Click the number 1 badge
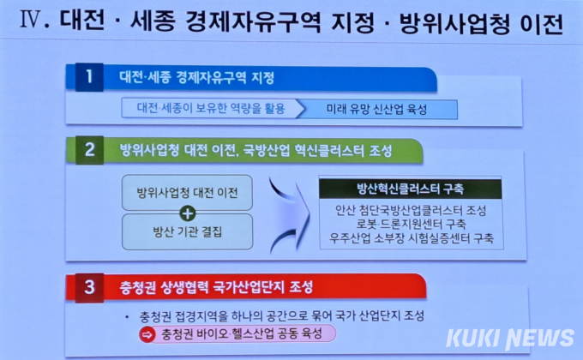click(x=89, y=77)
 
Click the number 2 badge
click(x=90, y=150)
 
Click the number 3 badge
click(x=90, y=287)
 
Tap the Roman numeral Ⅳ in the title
click(x=30, y=20)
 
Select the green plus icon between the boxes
click(x=188, y=213)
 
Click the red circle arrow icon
click(x=147, y=334)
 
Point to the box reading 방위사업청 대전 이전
click(x=187, y=193)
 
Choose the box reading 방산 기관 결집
click(x=187, y=231)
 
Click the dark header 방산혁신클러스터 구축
click(x=411, y=189)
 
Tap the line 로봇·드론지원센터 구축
click(x=411, y=224)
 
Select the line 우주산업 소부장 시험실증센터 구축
click(x=412, y=238)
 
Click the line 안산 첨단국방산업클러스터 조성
click(x=411, y=211)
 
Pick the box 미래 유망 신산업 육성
click(x=376, y=109)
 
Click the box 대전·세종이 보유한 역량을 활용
click(x=211, y=108)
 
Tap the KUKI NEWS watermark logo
click(x=510, y=339)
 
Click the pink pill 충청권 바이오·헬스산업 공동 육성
click(x=238, y=333)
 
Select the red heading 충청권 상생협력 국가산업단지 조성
click(x=216, y=287)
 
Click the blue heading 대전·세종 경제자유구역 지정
click(x=196, y=77)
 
